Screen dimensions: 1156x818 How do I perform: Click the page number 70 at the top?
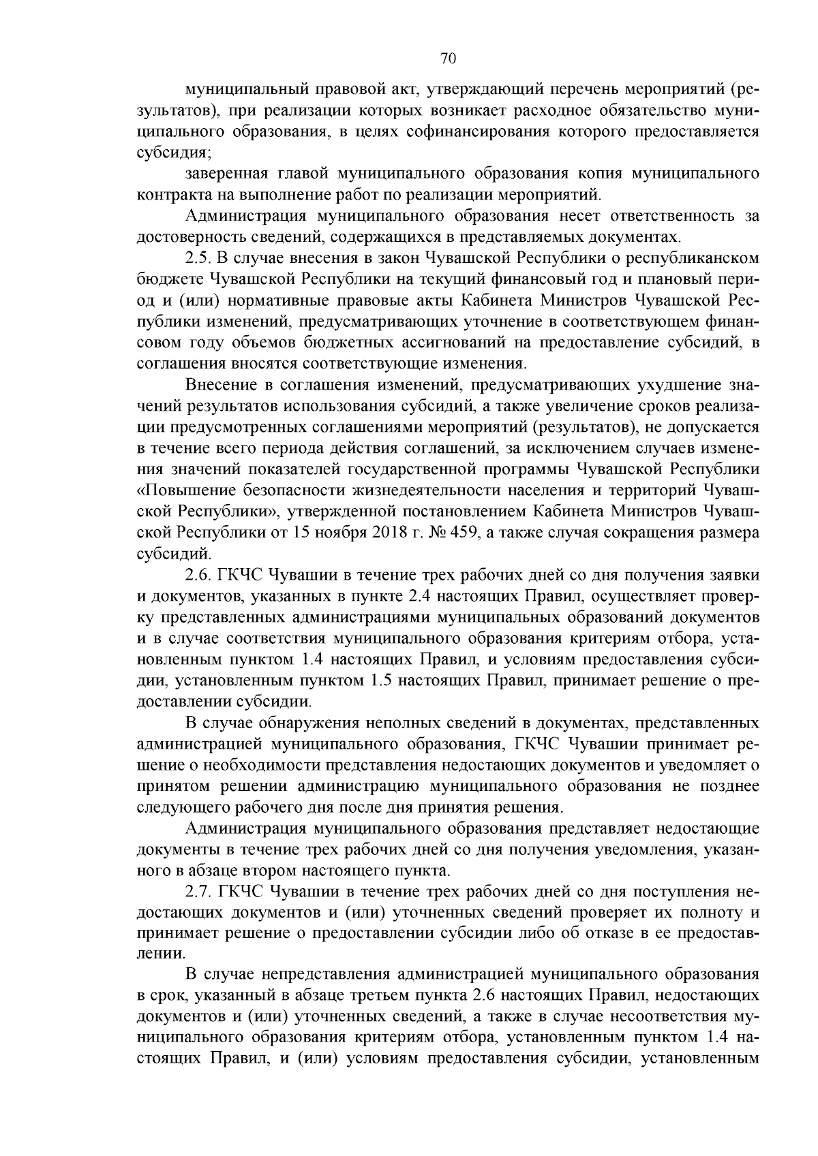448,59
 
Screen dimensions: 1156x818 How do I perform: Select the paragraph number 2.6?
198,576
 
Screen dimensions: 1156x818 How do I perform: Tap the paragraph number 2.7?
198,892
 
